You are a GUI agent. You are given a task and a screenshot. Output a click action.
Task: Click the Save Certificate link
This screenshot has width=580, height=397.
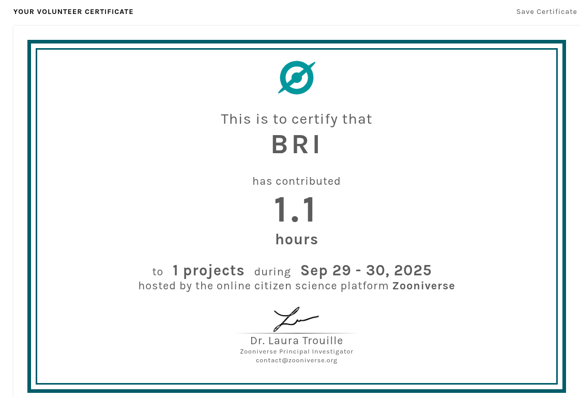tap(546, 12)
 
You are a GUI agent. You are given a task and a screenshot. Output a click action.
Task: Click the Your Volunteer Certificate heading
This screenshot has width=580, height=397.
tap(73, 12)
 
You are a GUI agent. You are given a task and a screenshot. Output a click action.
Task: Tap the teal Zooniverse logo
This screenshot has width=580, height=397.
tap(297, 78)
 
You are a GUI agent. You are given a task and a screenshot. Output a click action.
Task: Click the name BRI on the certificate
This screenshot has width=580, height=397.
tap(296, 144)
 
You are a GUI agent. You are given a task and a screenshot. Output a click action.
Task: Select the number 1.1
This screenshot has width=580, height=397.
tap(295, 210)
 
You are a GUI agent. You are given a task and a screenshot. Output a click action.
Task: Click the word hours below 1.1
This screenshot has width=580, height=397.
tap(297, 240)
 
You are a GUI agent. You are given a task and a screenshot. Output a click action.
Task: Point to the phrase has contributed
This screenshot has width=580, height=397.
tap(296, 181)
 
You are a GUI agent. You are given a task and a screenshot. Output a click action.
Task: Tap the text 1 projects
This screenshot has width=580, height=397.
tap(208, 271)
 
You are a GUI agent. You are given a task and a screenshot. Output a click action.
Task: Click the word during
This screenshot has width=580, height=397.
tap(272, 272)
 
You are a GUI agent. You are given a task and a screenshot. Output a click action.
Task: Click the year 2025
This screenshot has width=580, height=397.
tap(413, 271)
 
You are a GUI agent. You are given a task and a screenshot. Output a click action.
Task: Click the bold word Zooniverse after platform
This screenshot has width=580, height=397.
tap(423, 286)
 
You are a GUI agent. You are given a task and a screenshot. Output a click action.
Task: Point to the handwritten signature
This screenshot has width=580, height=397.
tap(296, 319)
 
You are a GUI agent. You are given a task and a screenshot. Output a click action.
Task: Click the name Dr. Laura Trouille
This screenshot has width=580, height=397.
tap(297, 341)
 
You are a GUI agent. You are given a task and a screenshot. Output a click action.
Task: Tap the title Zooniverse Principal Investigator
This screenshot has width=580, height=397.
tap(297, 351)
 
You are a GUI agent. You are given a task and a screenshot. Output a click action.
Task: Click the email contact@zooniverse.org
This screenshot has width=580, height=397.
tap(297, 360)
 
